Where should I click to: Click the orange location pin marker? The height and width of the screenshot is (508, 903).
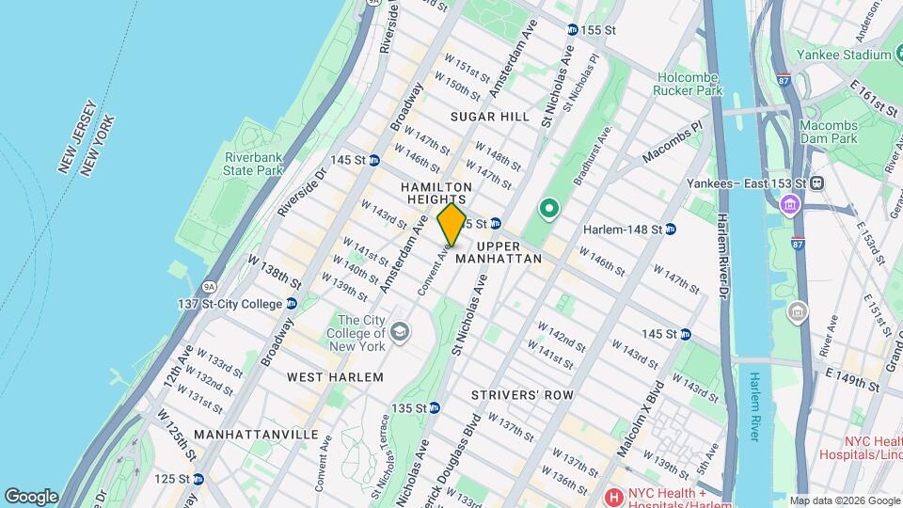pyautogui.click(x=451, y=225)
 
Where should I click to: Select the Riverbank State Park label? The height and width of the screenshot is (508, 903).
pyautogui.click(x=253, y=164)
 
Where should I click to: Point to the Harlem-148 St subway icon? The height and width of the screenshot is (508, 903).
pyautogui.click(x=671, y=229)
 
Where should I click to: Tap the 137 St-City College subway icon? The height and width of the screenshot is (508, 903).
pyautogui.click(x=292, y=304)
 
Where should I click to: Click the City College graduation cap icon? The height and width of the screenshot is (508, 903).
pyautogui.click(x=400, y=331)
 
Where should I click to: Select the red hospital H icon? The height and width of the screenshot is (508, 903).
pyautogui.click(x=613, y=496)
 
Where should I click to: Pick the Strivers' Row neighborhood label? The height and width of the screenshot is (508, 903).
pyautogui.click(x=522, y=395)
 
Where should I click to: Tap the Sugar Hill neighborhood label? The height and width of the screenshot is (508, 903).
pyautogui.click(x=490, y=117)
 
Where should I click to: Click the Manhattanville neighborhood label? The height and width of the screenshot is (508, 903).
pyautogui.click(x=257, y=435)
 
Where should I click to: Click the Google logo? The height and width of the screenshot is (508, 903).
pyautogui.click(x=31, y=496)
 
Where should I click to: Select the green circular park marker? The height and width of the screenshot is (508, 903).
pyautogui.click(x=548, y=208)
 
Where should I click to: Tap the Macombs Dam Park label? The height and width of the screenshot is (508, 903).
pyautogui.click(x=829, y=132)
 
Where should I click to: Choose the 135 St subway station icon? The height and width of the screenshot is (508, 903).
pyautogui.click(x=435, y=408)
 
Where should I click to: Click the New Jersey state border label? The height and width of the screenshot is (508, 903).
pyautogui.click(x=76, y=136)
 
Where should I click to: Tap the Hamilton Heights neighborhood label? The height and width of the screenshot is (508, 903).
pyautogui.click(x=436, y=194)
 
